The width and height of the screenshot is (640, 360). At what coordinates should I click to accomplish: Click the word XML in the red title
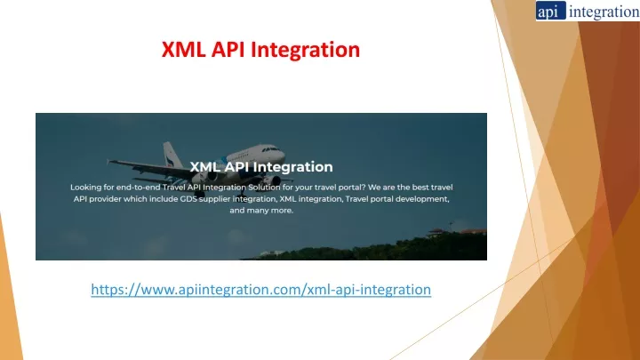[183, 50]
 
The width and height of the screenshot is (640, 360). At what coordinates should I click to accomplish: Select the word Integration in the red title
[305, 50]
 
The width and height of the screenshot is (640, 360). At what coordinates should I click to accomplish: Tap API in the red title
[228, 50]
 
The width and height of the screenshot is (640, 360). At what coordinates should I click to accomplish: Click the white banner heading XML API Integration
[261, 167]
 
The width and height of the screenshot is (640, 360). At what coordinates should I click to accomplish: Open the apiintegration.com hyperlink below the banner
[260, 290]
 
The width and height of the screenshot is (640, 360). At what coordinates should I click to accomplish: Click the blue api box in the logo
[550, 11]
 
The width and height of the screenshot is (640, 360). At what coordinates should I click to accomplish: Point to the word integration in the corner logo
[604, 12]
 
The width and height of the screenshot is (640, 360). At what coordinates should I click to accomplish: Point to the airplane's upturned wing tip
[108, 162]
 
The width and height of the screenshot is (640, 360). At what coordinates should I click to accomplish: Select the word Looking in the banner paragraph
[85, 188]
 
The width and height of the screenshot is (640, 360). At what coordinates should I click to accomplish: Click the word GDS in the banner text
[188, 199]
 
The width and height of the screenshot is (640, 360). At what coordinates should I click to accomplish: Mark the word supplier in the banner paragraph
[215, 199]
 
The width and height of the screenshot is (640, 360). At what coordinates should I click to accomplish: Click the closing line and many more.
[261, 211]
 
